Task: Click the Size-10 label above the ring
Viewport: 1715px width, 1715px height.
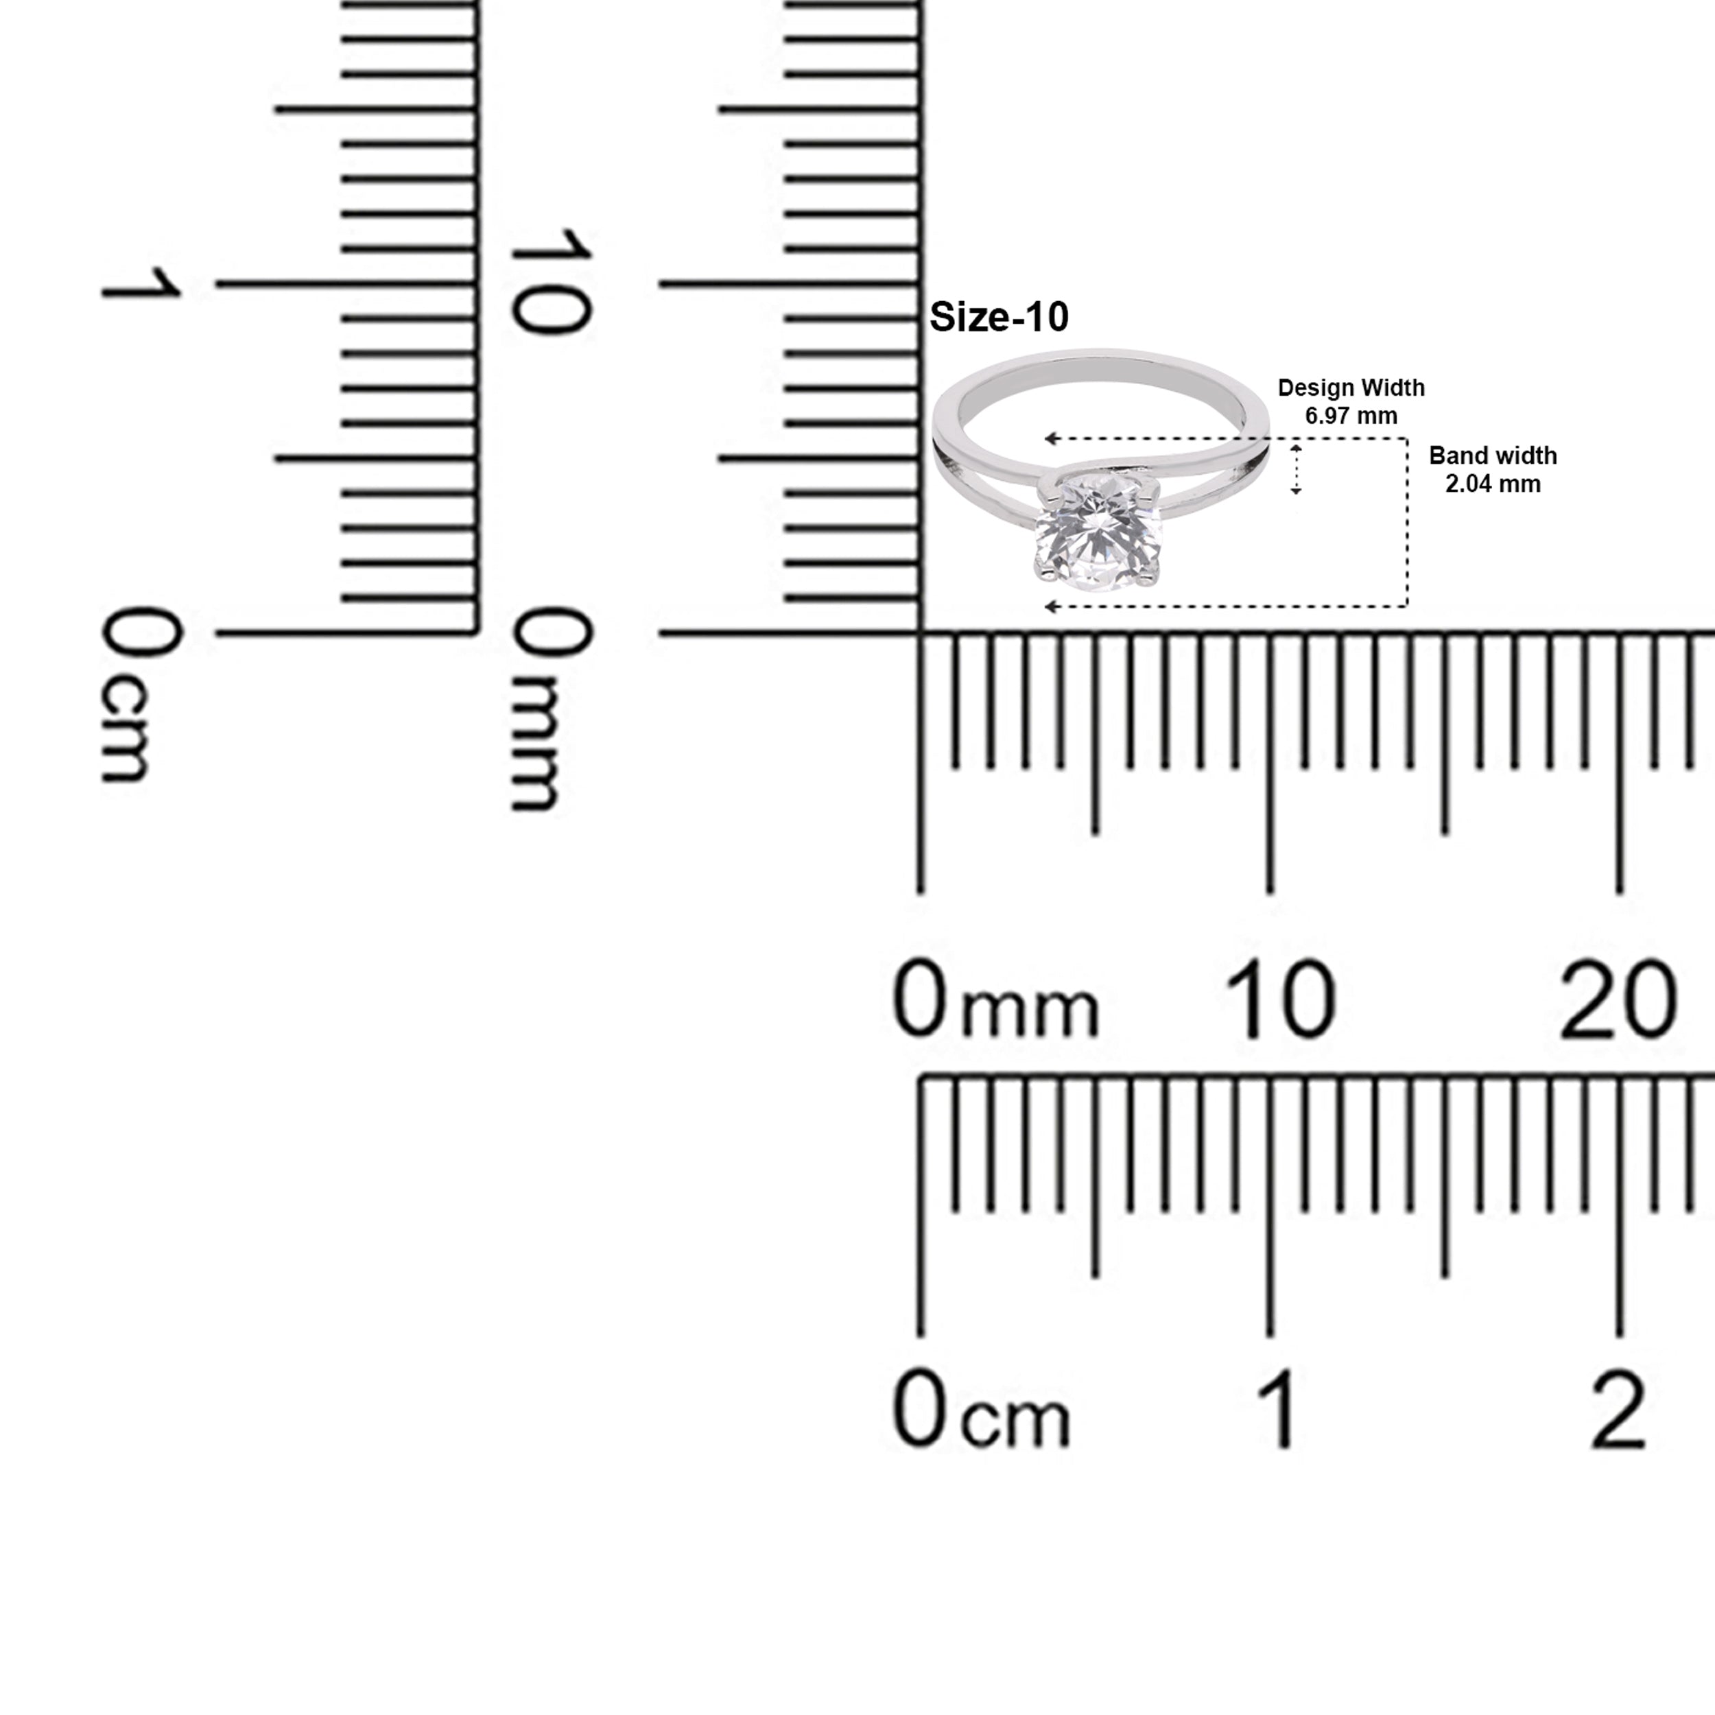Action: [x=999, y=318]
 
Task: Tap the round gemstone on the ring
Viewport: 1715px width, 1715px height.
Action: [x=1098, y=532]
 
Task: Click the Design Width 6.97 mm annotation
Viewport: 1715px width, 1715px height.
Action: [x=1351, y=401]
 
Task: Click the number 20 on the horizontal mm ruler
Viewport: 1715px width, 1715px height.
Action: [x=1618, y=1000]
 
